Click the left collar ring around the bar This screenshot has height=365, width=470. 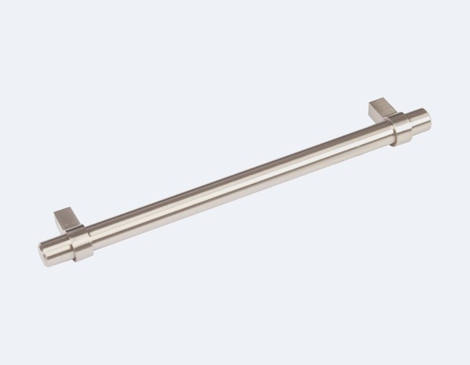pos(82,244)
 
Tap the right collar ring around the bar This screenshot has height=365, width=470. pos(402,129)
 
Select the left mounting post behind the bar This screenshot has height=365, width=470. pos(67,221)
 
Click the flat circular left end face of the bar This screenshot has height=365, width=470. pos(43,257)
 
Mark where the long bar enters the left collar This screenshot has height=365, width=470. pos(92,239)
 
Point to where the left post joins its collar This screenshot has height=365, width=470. pos(74,229)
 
